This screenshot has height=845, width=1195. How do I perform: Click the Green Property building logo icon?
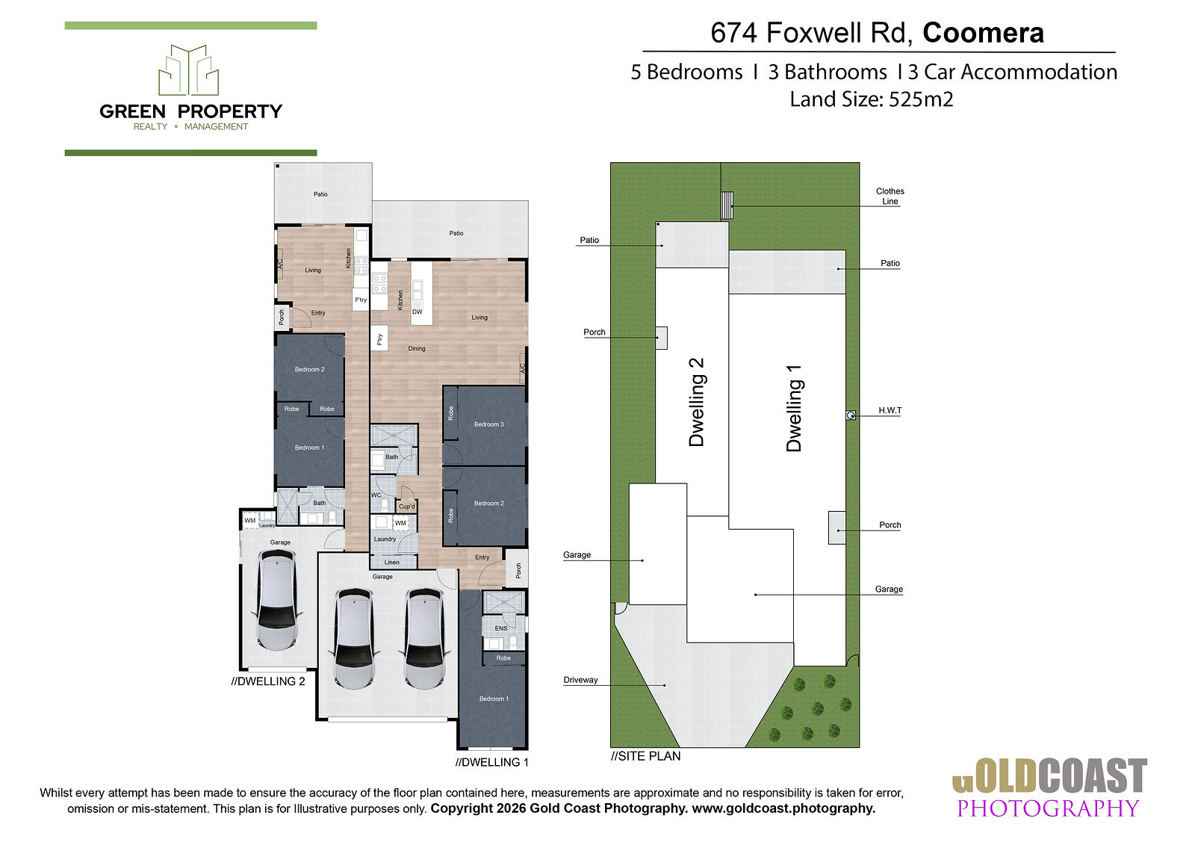point(189,70)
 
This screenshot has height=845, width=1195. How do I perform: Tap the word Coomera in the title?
point(983,33)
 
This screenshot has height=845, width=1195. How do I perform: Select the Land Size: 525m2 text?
point(871,100)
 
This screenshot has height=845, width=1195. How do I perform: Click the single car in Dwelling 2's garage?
point(277,600)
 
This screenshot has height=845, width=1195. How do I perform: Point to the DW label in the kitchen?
point(418,312)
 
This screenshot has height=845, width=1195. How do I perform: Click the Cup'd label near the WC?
point(406,507)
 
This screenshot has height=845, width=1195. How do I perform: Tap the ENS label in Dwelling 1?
point(501,628)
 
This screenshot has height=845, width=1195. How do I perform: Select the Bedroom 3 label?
point(488,424)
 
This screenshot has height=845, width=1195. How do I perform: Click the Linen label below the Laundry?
point(391,562)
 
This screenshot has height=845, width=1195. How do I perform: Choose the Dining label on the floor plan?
point(417,349)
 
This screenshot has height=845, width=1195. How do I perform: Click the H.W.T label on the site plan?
point(890,410)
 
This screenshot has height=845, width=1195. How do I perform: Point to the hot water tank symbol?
point(851,415)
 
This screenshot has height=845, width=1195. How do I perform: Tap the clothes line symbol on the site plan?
point(727,205)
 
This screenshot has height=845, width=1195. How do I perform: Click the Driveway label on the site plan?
point(580,680)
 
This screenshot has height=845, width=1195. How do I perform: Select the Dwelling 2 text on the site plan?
point(697,402)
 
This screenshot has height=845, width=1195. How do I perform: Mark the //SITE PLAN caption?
point(645,756)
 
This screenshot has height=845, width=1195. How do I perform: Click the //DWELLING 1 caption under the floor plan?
point(492,762)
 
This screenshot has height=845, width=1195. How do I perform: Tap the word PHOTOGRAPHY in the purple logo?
point(1048,808)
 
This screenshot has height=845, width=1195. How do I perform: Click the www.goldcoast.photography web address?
point(783,808)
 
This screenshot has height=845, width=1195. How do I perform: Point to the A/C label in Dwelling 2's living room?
point(279,264)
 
